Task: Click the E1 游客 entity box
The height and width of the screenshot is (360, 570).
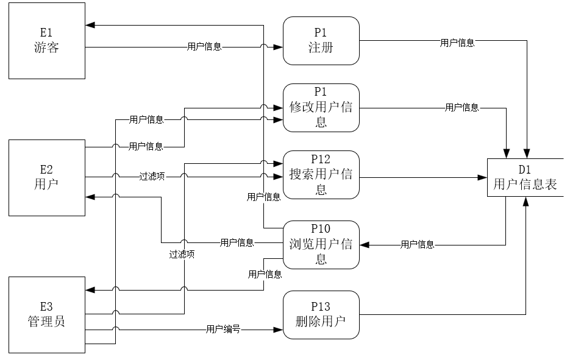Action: point(46,40)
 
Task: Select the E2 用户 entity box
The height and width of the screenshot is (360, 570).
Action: point(46,177)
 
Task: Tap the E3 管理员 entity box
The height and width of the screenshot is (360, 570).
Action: point(46,314)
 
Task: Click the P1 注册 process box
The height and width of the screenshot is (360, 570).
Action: point(321,40)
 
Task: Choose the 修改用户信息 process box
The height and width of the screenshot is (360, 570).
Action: point(321,107)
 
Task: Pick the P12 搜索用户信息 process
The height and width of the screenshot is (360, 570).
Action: point(321,174)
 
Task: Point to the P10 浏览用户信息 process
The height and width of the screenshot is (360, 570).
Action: point(321,244)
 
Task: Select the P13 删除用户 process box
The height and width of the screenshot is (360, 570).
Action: point(321,314)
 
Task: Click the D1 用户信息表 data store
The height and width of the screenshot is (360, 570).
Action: point(525,177)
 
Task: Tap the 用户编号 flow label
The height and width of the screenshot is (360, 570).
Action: point(223,330)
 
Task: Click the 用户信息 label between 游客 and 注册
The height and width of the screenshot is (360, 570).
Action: point(204,46)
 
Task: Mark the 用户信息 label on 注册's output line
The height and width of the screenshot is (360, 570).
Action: point(457,43)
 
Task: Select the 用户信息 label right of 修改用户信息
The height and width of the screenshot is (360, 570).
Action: point(461,108)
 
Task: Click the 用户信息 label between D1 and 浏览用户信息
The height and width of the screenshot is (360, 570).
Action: point(417,245)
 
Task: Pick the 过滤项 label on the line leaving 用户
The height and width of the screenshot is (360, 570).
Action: point(152,177)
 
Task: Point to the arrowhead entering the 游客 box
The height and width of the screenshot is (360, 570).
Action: point(90,25)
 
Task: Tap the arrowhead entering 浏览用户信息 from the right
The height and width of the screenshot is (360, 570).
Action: point(363,245)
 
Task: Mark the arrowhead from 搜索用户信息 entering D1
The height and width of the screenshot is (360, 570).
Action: point(483,177)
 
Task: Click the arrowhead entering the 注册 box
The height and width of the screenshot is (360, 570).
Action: point(279,46)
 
